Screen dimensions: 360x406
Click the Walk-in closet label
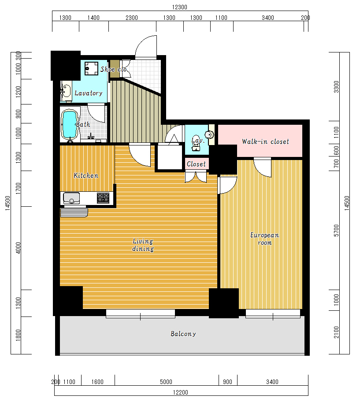(265, 142)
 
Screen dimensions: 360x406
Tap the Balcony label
(183, 334)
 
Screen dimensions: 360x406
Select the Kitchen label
(86, 175)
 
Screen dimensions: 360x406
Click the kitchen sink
(71, 198)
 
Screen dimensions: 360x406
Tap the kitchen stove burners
(103, 198)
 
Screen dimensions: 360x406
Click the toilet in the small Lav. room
(196, 143)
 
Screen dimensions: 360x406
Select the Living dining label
(143, 245)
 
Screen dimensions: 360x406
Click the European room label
(265, 239)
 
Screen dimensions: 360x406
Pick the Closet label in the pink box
(196, 164)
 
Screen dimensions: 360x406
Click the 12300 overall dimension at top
(180, 7)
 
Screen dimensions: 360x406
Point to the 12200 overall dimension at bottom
(180, 392)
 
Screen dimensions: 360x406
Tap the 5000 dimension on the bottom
(166, 382)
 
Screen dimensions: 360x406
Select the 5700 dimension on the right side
(336, 231)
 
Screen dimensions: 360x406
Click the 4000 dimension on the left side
(18, 248)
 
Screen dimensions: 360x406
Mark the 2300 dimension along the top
(132, 18)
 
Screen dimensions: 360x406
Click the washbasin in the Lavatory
(66, 91)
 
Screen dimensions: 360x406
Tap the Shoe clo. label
(114, 69)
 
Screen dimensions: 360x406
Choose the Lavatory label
(89, 93)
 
